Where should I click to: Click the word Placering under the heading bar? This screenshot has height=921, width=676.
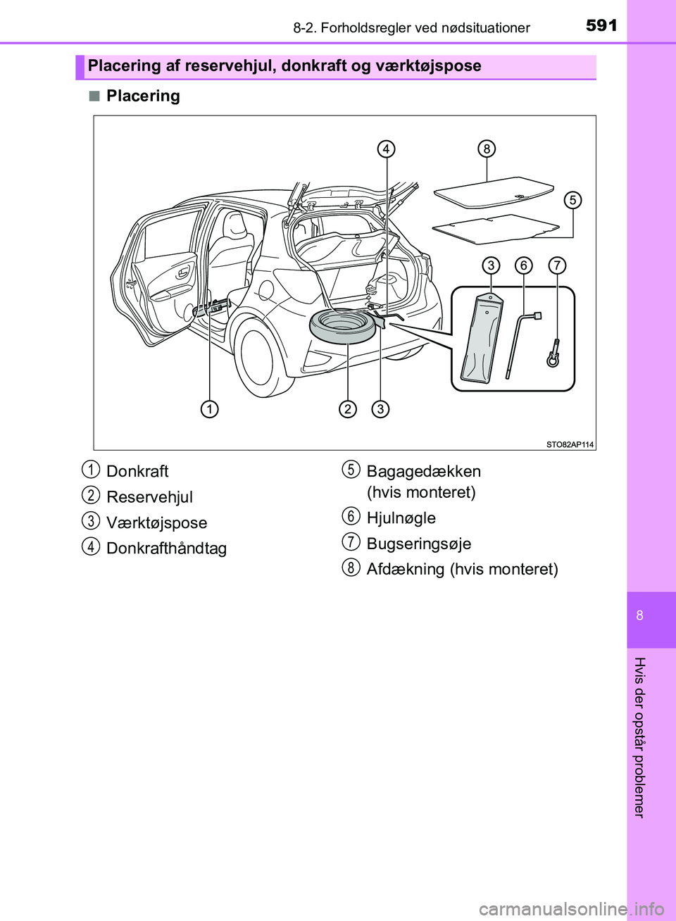coord(143,96)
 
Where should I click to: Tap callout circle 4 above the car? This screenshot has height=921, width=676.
coord(386,149)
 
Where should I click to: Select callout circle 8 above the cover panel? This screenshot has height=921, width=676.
coord(486,149)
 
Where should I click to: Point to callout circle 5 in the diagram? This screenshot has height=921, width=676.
coord(573,200)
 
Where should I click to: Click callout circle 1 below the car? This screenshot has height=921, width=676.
coord(208,409)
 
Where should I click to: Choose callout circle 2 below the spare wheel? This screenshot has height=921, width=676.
coord(348,409)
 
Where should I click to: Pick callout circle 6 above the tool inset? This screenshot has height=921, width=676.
coord(524,265)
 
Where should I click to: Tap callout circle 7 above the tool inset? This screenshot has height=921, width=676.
coord(557,265)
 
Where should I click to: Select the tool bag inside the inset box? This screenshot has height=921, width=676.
coord(482,339)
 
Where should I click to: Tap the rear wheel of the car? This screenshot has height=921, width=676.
coord(260,356)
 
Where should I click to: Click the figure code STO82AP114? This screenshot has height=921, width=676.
coord(570,444)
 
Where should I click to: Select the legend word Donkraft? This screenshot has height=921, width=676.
coord(137,471)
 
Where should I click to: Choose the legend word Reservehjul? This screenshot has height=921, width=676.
coord(149,497)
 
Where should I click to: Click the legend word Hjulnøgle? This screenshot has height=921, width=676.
coord(401,518)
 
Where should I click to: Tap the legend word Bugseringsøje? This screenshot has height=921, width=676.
coord(418,544)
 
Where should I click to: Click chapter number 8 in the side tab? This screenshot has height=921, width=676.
coord(639,615)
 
